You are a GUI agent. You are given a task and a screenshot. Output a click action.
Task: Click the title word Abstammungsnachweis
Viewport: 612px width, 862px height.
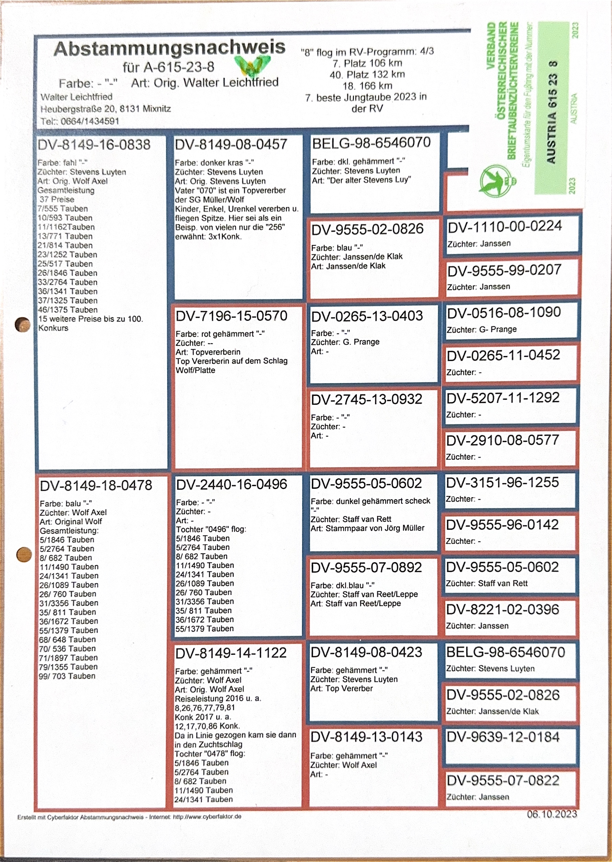tap(170, 48)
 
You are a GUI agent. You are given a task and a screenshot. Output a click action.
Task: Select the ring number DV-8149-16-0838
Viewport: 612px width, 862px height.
tap(94, 145)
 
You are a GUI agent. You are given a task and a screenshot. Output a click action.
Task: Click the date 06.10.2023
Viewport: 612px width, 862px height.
tap(552, 814)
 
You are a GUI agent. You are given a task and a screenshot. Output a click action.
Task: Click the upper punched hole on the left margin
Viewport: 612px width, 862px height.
tap(22, 324)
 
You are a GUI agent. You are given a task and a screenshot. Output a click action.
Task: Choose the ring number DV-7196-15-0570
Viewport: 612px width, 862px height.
tap(231, 316)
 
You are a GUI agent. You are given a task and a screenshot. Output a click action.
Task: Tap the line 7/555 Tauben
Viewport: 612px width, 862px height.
tap(63, 209)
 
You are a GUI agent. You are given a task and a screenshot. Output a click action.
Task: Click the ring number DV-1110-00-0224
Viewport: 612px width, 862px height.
tap(505, 226)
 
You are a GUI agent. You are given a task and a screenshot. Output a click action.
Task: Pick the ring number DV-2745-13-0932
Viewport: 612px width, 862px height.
tap(366, 399)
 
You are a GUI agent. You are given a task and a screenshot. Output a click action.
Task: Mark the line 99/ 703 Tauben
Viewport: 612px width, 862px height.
tap(67, 676)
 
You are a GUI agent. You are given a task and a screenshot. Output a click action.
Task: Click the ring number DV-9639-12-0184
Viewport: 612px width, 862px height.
tap(503, 737)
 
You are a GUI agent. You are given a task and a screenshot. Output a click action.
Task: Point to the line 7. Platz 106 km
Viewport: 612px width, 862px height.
tap(367, 63)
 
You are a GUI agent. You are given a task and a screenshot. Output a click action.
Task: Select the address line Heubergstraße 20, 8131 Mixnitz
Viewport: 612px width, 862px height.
tap(105, 109)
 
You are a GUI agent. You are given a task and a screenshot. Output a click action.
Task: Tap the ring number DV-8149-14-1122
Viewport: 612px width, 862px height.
tap(231, 653)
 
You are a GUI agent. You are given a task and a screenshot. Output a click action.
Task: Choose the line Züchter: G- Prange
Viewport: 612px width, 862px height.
tap(481, 329)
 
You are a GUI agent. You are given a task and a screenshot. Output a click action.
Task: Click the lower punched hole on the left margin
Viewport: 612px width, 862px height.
tap(24, 554)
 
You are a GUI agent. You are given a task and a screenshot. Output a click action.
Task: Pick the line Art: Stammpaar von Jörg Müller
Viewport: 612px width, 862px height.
tap(367, 528)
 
